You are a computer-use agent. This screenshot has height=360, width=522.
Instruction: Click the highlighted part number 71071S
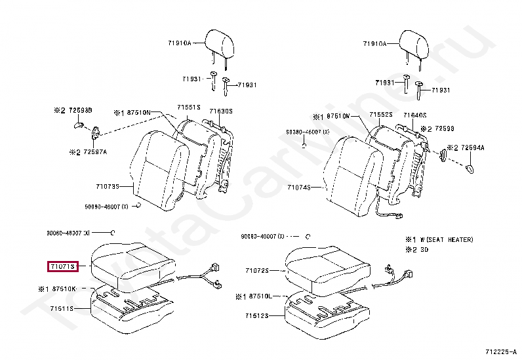point(62,266)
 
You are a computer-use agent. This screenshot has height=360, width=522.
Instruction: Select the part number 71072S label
point(258,270)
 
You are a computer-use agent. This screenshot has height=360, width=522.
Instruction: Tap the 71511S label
point(61,308)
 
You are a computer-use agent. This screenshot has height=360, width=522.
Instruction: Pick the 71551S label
point(188,106)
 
